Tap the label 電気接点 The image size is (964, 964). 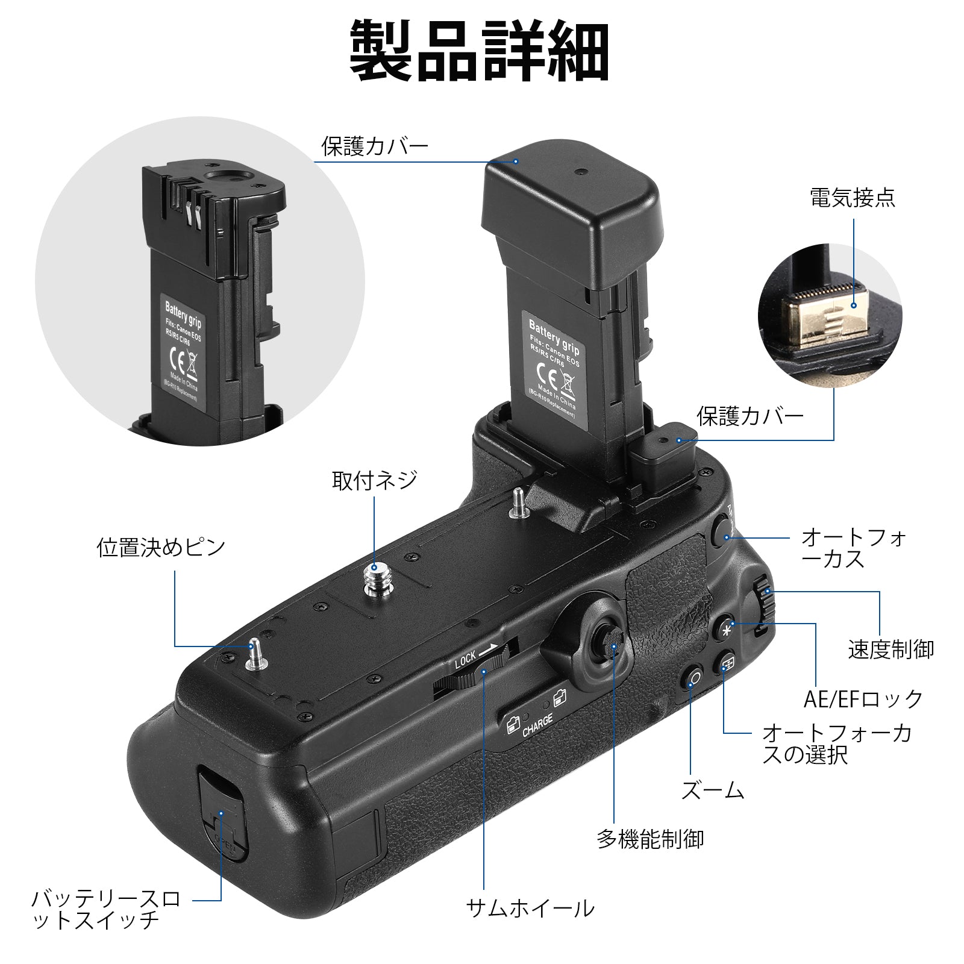pos(853,198)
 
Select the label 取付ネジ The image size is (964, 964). pos(374,480)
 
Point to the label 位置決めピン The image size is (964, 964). pos(161,548)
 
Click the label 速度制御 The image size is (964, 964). pos(891,649)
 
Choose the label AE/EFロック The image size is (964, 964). pos(863,698)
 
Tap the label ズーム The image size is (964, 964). pos(713,790)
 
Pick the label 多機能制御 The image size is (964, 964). pos(650,839)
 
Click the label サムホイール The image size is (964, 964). pos(530,908)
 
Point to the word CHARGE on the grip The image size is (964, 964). pos(537,725)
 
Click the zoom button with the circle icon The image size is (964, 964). pos(694,678)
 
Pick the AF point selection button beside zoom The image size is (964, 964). pos(727,663)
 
